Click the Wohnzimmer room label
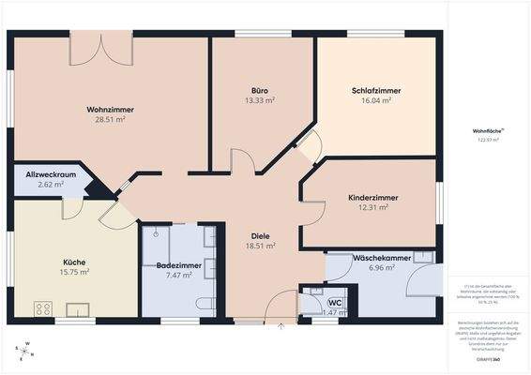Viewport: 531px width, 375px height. click(110, 110)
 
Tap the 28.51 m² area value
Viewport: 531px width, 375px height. click(110, 120)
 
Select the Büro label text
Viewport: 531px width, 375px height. click(259, 90)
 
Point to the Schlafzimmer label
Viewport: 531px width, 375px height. click(372, 90)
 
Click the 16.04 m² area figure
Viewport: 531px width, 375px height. click(372, 100)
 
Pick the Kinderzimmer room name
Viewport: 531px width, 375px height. click(372, 199)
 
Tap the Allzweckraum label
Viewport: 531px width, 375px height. click(44, 175)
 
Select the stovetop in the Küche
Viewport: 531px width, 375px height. click(43, 307)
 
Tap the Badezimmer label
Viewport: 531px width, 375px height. click(178, 265)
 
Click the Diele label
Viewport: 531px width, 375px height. click(259, 235)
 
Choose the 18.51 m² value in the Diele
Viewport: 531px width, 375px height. click(259, 246)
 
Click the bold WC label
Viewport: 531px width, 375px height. click(334, 301)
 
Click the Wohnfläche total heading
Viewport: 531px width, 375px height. click(485, 130)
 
